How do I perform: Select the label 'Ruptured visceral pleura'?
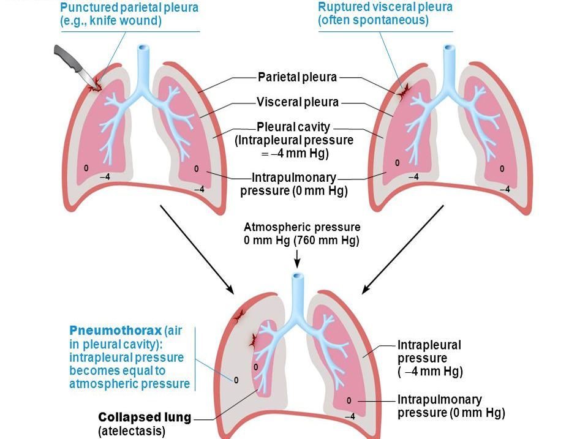pyautogui.click(x=385, y=7)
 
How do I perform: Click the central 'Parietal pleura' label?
pyautogui.click(x=297, y=77)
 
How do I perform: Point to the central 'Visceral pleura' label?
pyautogui.click(x=298, y=102)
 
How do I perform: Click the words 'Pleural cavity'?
pyautogui.click(x=293, y=127)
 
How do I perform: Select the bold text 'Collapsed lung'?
pyautogui.click(x=145, y=418)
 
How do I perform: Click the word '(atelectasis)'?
pyautogui.click(x=132, y=431)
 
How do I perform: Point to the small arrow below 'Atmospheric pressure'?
pyautogui.click(x=297, y=260)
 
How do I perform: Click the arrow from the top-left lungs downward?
pyautogui.click(x=196, y=248)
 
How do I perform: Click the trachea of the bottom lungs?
pyautogui.click(x=298, y=294)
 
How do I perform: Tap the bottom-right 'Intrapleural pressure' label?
pyautogui.click(x=429, y=351)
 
